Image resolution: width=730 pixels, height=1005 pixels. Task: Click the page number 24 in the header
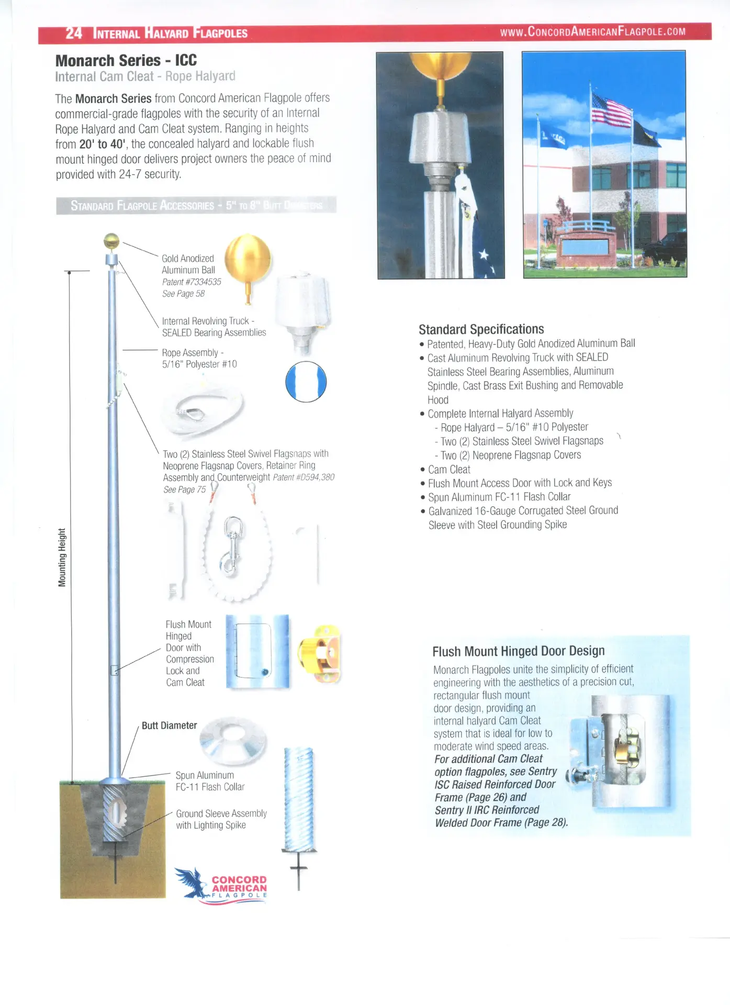pyautogui.click(x=74, y=33)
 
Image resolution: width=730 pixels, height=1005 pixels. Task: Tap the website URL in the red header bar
pyautogui.click(x=592, y=31)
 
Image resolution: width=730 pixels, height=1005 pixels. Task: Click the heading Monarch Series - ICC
pyautogui.click(x=126, y=61)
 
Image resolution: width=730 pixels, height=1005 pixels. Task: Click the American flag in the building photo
pyautogui.click(x=611, y=110)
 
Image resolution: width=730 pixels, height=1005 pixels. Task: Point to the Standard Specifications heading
pyautogui.click(x=481, y=329)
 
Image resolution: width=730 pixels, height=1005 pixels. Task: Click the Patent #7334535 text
pyautogui.click(x=192, y=282)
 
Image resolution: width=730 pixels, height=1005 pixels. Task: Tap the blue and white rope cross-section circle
pyautogui.click(x=306, y=382)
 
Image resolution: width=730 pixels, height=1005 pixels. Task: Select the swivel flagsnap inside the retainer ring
pyautogui.click(x=231, y=547)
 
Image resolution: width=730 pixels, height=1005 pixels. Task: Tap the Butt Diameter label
pyautogui.click(x=169, y=725)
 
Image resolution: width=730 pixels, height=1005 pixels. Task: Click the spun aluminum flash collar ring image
pyautogui.click(x=233, y=740)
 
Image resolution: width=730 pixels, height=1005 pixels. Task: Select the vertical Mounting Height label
pyautogui.click(x=62, y=557)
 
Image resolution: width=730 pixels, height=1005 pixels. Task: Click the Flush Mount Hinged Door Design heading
pyautogui.click(x=518, y=651)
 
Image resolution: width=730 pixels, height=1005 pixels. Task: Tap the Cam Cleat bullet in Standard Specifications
pyautogui.click(x=449, y=470)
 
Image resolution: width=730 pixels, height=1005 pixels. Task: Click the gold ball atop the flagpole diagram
pyautogui.click(x=111, y=241)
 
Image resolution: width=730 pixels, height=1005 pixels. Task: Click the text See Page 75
pyautogui.click(x=184, y=490)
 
